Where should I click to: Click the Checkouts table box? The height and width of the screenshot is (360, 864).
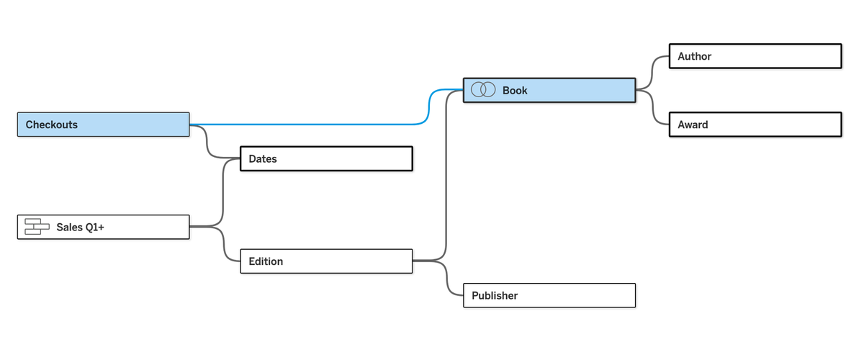[104, 125]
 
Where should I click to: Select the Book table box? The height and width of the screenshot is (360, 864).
[549, 90]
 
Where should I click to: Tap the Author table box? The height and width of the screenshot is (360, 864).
[755, 56]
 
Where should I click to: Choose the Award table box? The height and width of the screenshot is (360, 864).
[755, 125]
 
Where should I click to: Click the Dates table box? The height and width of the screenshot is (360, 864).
[326, 158]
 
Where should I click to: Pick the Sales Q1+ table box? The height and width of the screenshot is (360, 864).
[104, 227]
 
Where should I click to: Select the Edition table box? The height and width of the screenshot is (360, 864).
[326, 261]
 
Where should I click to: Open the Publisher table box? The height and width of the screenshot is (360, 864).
[549, 296]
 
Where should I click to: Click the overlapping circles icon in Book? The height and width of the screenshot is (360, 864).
[483, 89]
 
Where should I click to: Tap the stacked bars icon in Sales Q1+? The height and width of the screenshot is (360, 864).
[37, 227]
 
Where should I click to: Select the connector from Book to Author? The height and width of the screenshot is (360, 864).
[652, 73]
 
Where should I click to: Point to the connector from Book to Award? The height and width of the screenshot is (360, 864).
[652, 107]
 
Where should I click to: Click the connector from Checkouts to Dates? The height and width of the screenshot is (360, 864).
[207, 143]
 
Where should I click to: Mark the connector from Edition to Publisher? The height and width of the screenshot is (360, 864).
[446, 278]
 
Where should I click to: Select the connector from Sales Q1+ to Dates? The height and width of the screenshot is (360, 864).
[223, 193]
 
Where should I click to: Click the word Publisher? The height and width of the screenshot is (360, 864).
[495, 296]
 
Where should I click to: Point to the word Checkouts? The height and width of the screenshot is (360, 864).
[51, 125]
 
